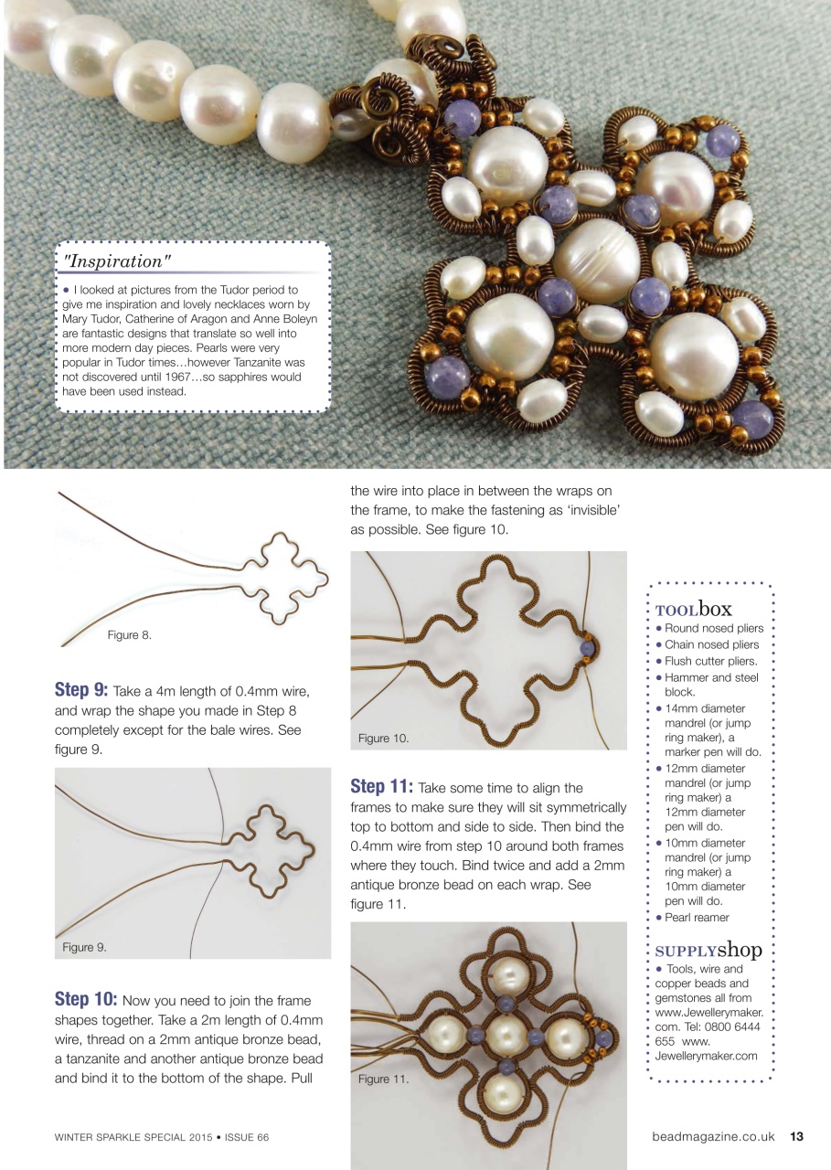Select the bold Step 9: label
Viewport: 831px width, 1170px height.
pyautogui.click(x=81, y=689)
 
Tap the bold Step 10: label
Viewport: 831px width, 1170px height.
pyautogui.click(x=86, y=999)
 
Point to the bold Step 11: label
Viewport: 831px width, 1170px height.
pyautogui.click(x=381, y=787)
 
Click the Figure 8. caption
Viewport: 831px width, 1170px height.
pyautogui.click(x=129, y=635)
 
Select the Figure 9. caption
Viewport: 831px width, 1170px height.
pyautogui.click(x=84, y=947)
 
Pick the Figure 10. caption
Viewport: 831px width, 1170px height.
pyautogui.click(x=383, y=738)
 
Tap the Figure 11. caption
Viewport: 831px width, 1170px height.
pyautogui.click(x=383, y=1079)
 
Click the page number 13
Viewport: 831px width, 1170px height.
pyautogui.click(x=796, y=1137)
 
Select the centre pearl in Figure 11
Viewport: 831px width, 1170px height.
pyautogui.click(x=505, y=1034)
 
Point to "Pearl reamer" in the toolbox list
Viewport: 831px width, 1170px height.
pyautogui.click(x=697, y=917)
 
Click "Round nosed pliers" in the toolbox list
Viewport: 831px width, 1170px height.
pyautogui.click(x=713, y=628)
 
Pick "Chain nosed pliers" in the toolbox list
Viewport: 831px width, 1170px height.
pyautogui.click(x=712, y=644)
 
